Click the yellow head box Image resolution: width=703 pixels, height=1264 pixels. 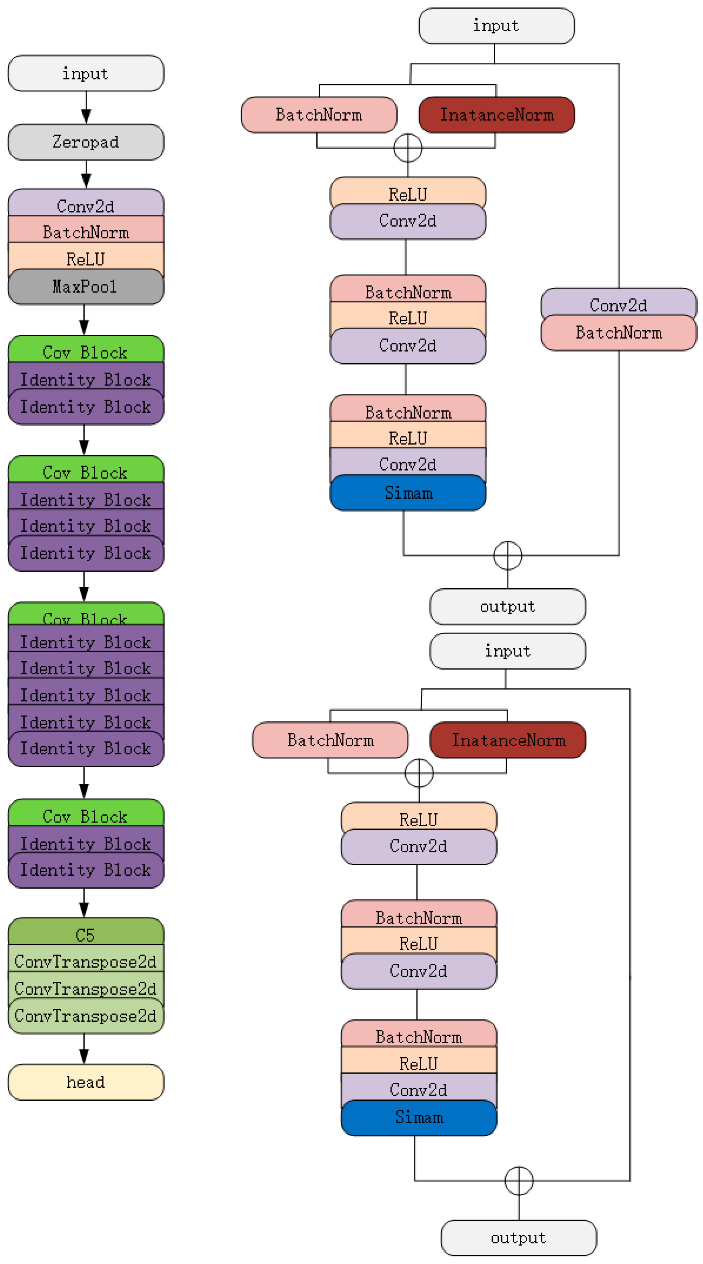coord(86,1082)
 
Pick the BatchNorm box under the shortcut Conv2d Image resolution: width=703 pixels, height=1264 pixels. coord(619,333)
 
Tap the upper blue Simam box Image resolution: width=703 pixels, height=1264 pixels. coord(408,493)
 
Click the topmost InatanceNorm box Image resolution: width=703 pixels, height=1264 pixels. coord(497,115)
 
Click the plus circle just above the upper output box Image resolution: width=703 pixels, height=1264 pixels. coord(507,555)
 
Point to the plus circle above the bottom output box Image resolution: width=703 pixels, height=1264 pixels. coord(519,1181)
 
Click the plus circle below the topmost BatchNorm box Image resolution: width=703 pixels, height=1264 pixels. coord(408,148)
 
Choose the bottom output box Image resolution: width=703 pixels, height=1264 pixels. coord(519,1238)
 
